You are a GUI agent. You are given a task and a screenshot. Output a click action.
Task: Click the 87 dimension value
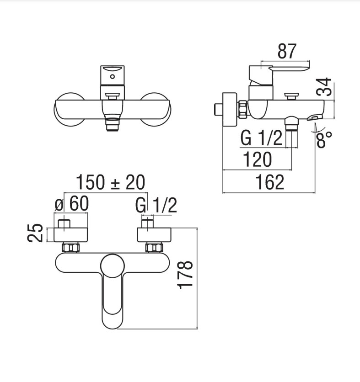tap(287, 51)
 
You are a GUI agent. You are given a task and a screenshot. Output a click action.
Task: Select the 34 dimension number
tap(324, 87)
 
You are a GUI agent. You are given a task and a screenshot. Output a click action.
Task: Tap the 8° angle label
tap(324, 139)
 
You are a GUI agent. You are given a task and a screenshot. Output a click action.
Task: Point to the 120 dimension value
tap(258, 159)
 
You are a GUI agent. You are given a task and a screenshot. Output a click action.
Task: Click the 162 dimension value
tap(269, 182)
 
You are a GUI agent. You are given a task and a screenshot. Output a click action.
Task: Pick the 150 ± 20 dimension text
tap(111, 182)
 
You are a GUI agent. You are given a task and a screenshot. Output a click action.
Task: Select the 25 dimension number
tap(35, 233)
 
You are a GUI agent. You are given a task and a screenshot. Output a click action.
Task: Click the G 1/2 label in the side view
tap(262, 138)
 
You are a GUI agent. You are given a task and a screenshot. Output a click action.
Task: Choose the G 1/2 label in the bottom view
tap(156, 205)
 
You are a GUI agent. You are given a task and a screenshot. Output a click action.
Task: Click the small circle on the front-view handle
tap(112, 76)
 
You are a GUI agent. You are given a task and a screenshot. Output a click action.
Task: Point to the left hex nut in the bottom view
tap(71, 248)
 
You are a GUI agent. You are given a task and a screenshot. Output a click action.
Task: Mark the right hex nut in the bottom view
tap(154, 248)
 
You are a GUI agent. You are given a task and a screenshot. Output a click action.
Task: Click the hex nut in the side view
tap(243, 109)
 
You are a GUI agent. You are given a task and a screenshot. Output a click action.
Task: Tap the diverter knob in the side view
tap(291, 96)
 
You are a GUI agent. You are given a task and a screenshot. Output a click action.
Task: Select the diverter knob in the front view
tap(112, 96)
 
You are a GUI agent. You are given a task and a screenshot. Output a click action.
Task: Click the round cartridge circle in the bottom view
tap(113, 266)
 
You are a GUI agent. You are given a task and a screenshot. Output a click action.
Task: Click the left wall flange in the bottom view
tap(71, 235)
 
